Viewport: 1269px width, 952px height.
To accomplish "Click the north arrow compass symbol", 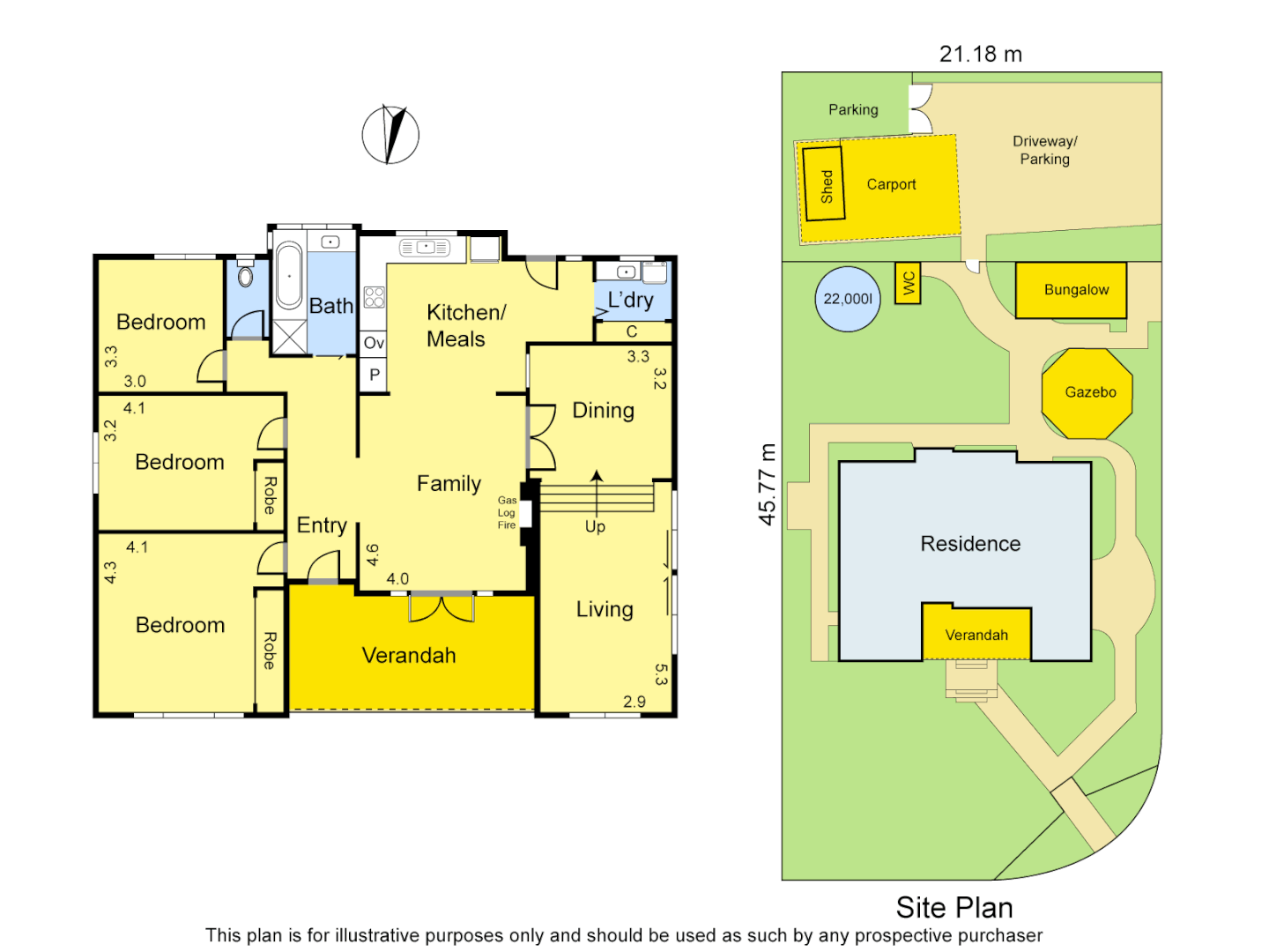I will coord(390,135).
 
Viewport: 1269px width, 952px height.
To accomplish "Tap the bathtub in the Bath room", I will coord(288,276).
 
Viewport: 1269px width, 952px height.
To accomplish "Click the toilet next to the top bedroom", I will coord(246,276).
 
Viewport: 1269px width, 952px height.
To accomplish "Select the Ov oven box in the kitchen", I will coord(374,343).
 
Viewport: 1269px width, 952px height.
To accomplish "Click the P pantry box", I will coord(374,375).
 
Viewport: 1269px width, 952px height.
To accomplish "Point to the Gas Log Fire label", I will coord(507,512).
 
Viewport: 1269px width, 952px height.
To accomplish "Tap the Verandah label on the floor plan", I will coord(409,655).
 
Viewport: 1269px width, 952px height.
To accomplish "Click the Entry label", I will coord(322,525).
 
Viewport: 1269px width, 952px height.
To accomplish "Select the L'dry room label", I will coord(631,300).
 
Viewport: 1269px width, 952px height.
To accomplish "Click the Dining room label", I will coord(603,410).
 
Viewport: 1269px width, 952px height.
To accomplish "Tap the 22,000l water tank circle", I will coord(848,299).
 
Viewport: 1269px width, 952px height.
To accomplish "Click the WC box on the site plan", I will coord(908,284).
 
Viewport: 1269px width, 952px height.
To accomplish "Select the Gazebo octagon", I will coord(1087,393).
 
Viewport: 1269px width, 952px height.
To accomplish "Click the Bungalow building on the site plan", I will coord(1072,290).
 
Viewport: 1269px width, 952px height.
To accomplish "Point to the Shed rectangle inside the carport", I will coord(824,184).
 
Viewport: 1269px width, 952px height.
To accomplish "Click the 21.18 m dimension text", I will coord(980,54).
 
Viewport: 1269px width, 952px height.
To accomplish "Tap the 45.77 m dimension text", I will coord(768,484).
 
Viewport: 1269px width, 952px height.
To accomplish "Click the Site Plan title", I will coord(954,907).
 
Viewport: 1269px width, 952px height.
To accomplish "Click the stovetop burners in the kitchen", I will coord(375,297).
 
